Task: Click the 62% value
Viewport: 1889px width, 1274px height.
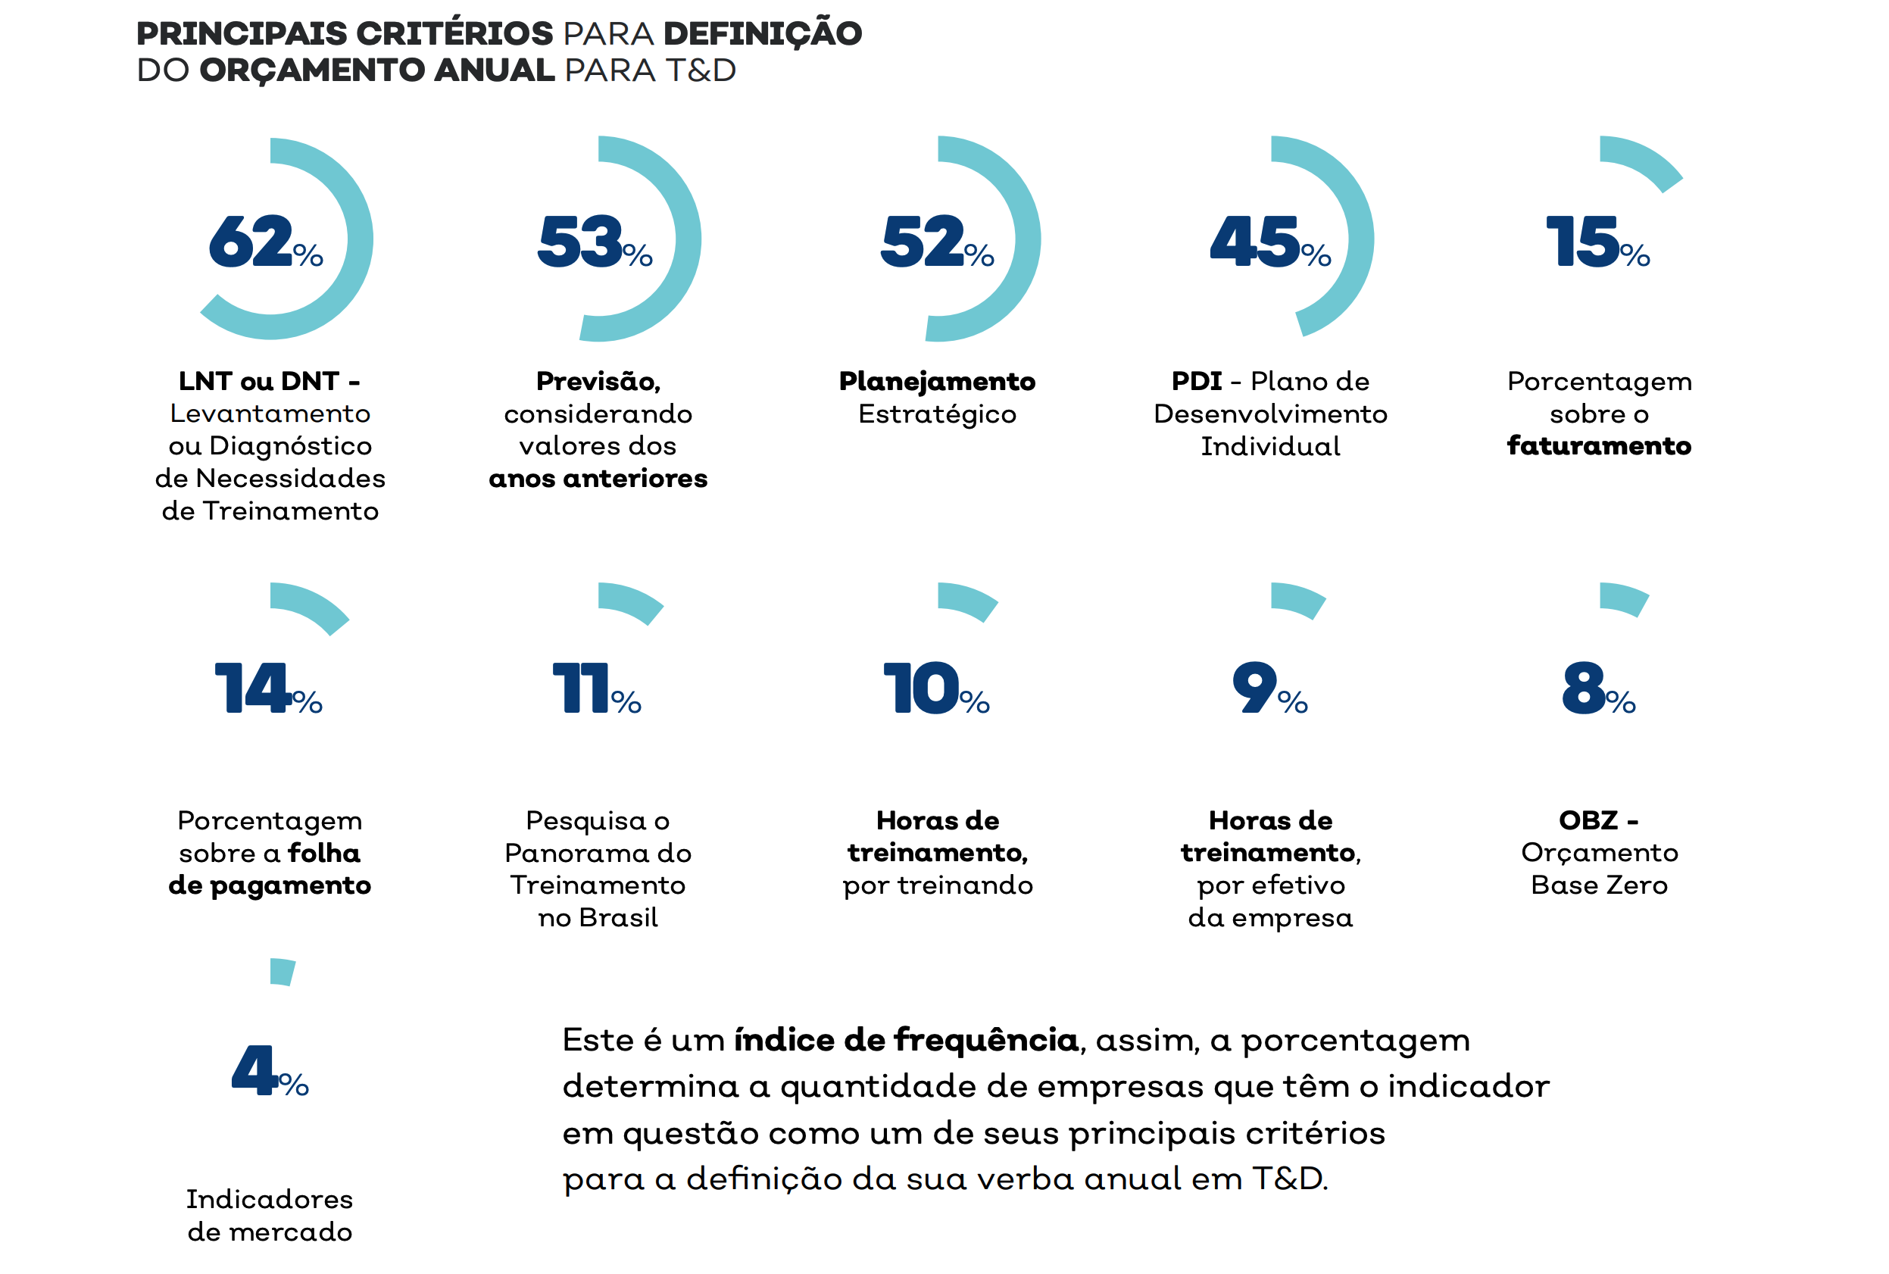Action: tap(265, 242)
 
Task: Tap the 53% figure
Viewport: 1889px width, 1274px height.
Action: tap(594, 242)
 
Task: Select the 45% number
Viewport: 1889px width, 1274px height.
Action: tap(1269, 242)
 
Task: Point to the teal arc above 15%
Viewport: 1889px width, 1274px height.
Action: tap(1643, 159)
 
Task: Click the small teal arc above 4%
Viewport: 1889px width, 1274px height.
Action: tap(282, 972)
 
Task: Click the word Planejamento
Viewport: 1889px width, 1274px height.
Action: tap(937, 381)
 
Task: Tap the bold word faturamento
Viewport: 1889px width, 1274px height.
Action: tap(1598, 446)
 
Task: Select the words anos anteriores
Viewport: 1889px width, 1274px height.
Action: tap(597, 479)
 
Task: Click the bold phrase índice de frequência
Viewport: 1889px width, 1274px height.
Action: tap(905, 1039)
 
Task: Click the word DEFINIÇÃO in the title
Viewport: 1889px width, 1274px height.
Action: tap(762, 33)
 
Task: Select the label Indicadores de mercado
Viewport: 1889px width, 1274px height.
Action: tap(270, 1215)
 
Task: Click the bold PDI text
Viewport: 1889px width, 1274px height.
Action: tap(1196, 381)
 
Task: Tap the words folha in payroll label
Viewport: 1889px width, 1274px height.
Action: tap(324, 852)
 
